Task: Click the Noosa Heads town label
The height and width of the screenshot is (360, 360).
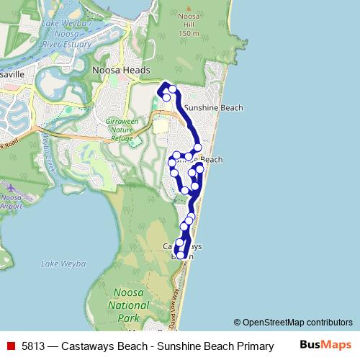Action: coord(121,70)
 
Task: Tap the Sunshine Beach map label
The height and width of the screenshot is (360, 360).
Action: coord(213,108)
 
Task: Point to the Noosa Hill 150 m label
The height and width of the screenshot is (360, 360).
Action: coord(189,24)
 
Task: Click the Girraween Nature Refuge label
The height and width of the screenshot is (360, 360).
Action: coord(121,130)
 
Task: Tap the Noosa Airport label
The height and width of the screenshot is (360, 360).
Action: coord(10,202)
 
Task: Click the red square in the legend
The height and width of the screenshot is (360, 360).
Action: coord(10,346)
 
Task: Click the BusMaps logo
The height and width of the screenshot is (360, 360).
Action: coord(325,345)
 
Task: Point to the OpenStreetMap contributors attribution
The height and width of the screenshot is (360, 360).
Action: coord(297,323)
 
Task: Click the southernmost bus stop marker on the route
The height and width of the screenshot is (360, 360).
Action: coord(180,254)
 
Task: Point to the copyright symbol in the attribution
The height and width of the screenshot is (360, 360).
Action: coord(237,323)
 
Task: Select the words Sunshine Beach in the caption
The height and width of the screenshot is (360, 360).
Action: coord(192,346)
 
